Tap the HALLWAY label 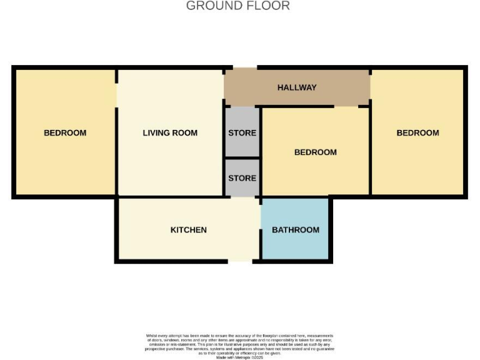(x=297, y=87)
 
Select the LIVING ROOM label (x=170, y=132)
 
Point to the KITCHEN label (x=188, y=230)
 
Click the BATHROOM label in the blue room (x=295, y=230)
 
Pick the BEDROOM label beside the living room (x=65, y=132)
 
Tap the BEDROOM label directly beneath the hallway (x=315, y=152)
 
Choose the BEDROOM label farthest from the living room (x=417, y=132)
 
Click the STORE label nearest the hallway (x=242, y=132)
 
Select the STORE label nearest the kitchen (x=242, y=178)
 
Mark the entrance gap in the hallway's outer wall (x=244, y=67)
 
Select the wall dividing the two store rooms (x=242, y=157)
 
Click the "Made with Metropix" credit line (x=239, y=357)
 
